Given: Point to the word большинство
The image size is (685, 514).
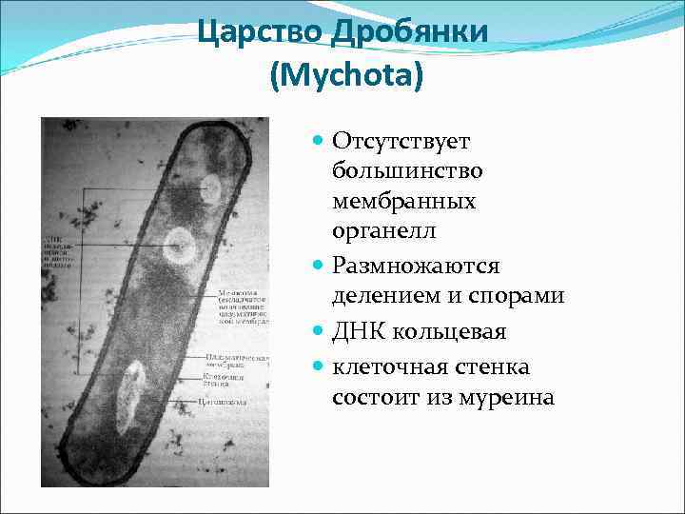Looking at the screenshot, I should [407, 172].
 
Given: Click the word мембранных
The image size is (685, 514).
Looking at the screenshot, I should [403, 203].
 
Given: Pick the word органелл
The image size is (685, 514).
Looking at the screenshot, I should [381, 233].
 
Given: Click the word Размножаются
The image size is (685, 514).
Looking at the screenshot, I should [416, 265].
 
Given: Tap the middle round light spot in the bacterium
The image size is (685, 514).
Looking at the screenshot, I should [178, 247].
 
